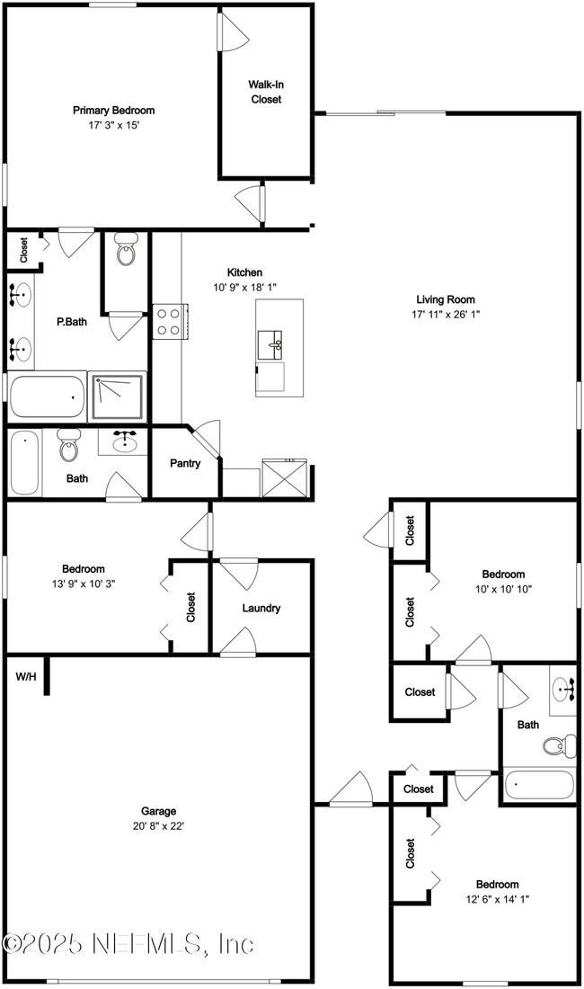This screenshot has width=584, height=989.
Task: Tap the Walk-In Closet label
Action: click(x=265, y=92)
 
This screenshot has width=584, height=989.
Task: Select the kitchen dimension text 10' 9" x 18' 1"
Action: click(x=244, y=287)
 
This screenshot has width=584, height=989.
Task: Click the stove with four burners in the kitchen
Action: click(x=169, y=321)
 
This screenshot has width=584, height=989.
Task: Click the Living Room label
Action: click(x=445, y=299)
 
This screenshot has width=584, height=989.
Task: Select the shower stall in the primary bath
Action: click(x=117, y=396)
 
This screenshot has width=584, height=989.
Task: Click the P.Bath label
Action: click(x=72, y=322)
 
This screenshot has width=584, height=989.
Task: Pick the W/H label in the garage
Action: click(x=26, y=676)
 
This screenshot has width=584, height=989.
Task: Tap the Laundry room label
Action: click(x=261, y=608)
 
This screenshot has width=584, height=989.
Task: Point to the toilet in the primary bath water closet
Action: click(x=126, y=250)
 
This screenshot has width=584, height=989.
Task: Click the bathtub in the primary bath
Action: click(x=47, y=396)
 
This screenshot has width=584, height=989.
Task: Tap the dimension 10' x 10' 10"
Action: click(x=503, y=588)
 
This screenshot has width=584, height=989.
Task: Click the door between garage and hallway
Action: click(x=350, y=791)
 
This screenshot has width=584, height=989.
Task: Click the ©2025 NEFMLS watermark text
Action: click(x=128, y=944)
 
